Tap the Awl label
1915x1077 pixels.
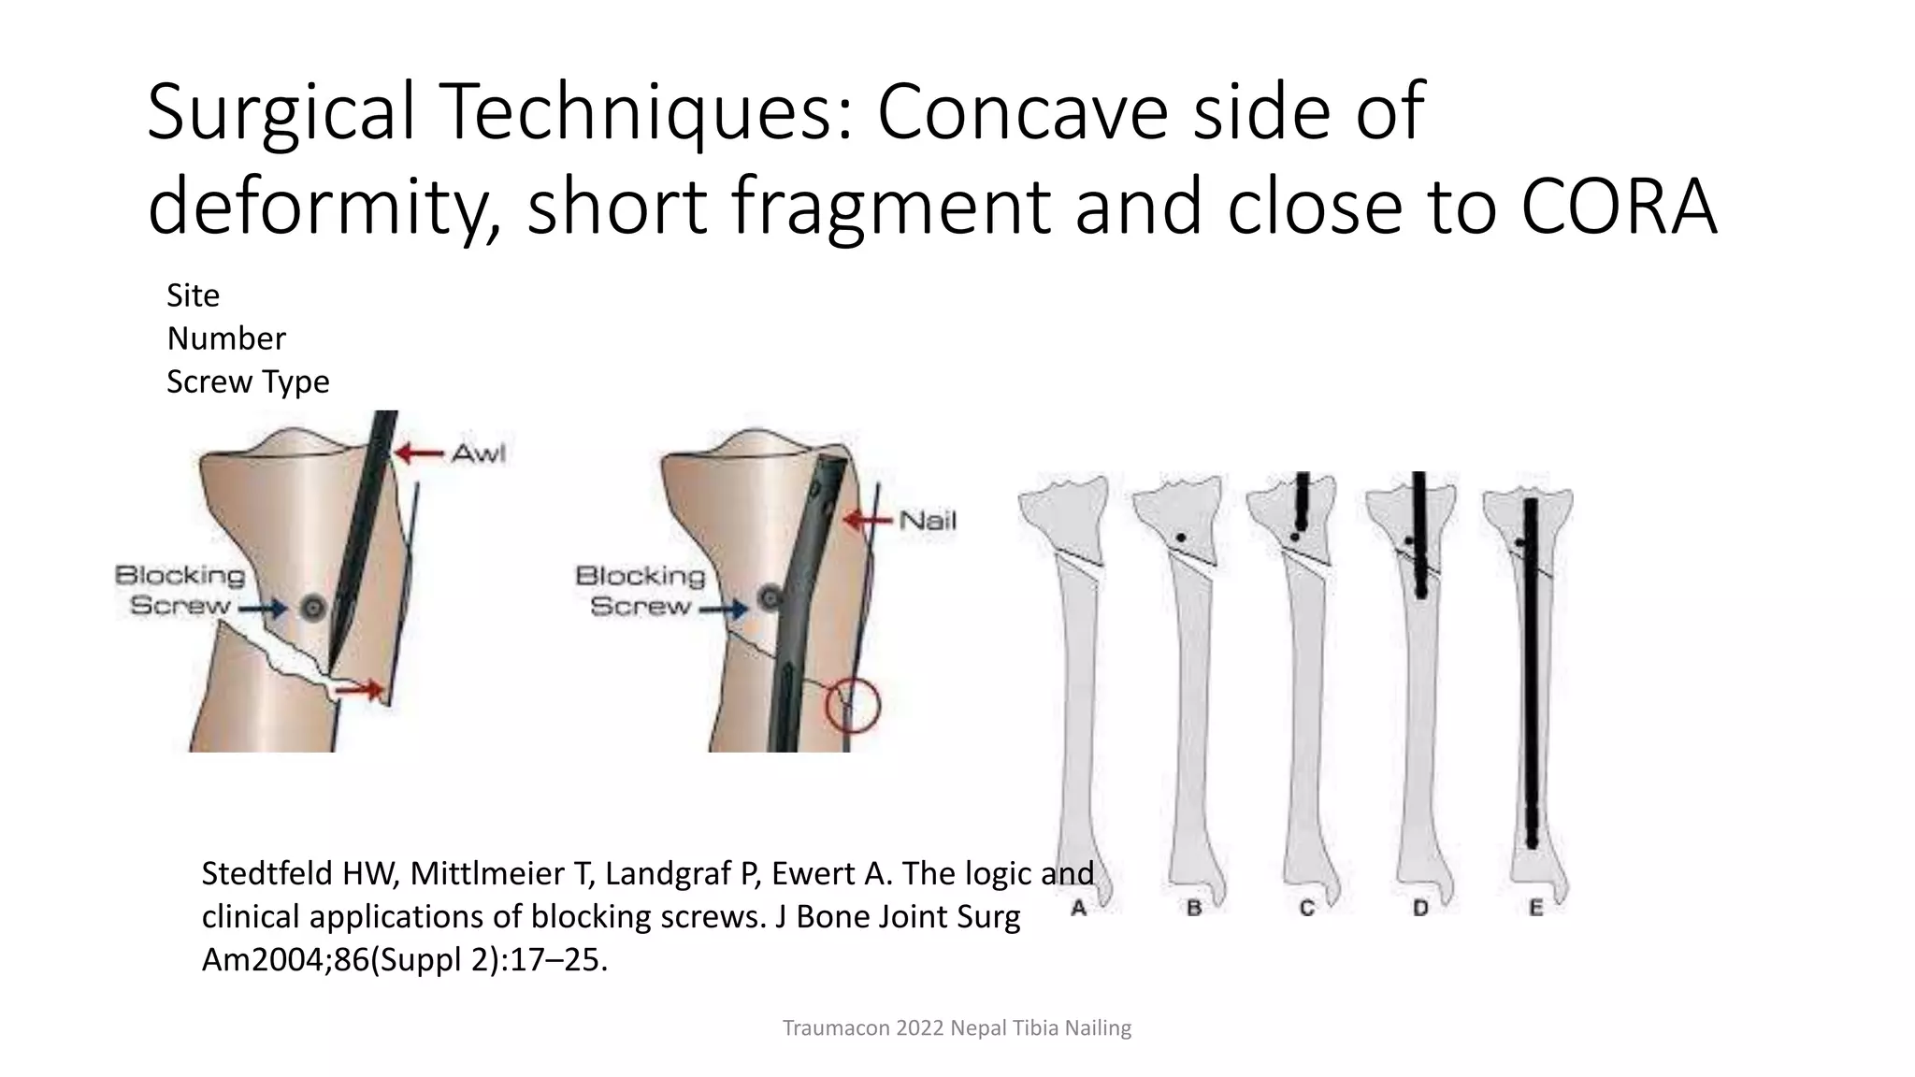point(478,453)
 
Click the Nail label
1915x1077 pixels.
point(927,521)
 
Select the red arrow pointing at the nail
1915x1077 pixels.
point(869,521)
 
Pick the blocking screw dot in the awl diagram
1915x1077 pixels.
point(313,609)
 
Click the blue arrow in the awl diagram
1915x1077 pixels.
point(265,609)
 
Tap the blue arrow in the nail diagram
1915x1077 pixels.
point(725,610)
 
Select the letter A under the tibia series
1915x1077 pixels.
point(1078,908)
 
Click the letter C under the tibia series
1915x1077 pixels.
point(1306,908)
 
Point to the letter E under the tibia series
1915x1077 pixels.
point(1535,908)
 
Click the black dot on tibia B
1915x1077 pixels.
point(1181,538)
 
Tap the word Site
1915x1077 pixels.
point(193,295)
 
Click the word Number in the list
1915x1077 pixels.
point(226,338)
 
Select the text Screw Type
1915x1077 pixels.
point(248,381)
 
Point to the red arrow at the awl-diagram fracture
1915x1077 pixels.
point(360,690)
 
